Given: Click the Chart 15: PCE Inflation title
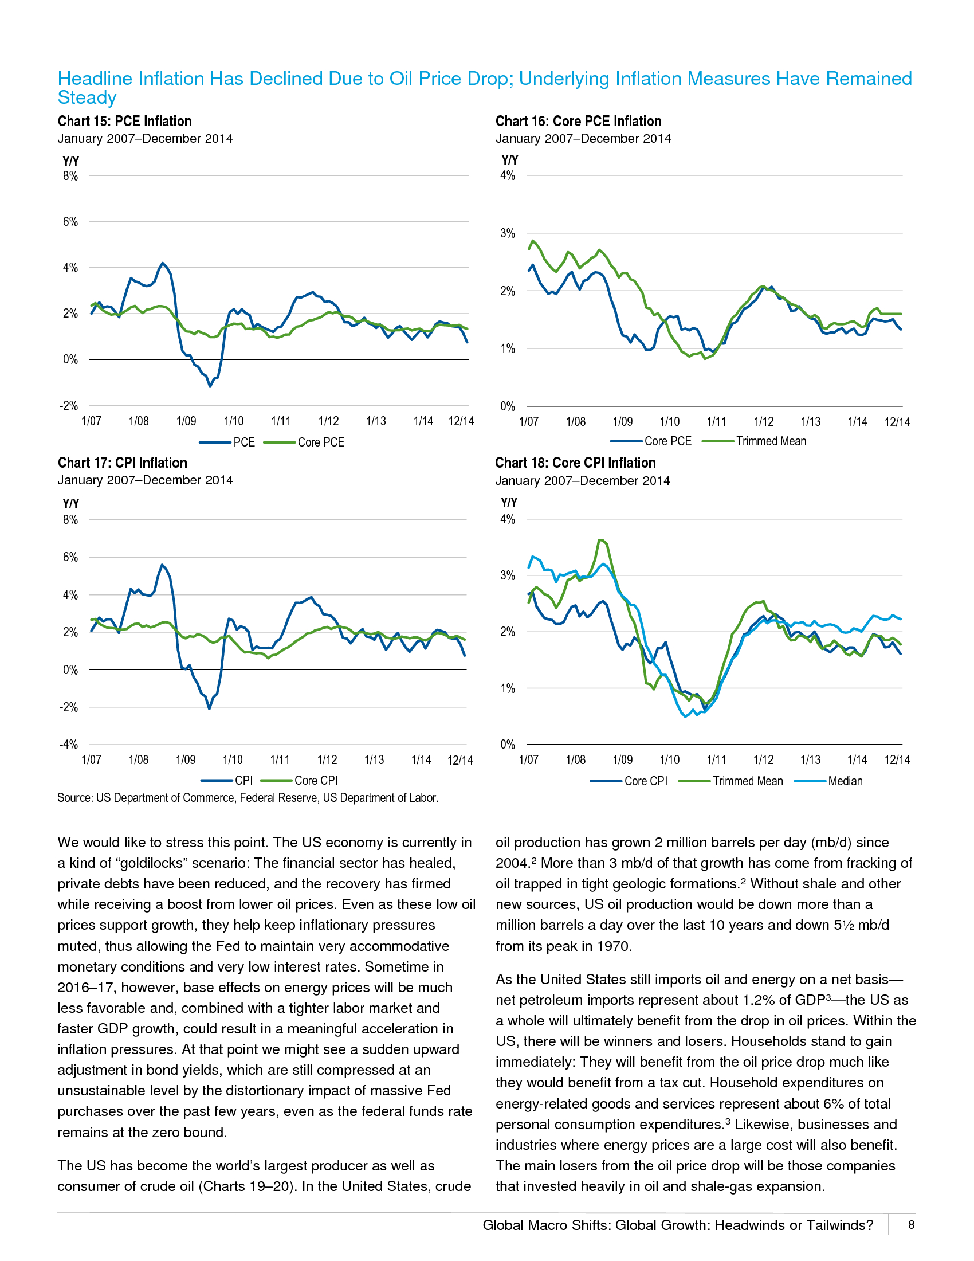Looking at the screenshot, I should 125,122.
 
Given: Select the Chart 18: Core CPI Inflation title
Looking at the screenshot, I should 575,463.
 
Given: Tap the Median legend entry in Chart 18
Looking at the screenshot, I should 845,781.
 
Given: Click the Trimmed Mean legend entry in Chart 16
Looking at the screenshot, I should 771,442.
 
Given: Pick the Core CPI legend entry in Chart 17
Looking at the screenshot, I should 316,781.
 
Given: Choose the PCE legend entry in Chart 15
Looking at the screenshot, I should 244,442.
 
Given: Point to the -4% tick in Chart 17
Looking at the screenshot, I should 69,745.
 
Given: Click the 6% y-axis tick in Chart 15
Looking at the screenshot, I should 70,222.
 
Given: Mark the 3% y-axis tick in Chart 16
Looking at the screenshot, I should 508,233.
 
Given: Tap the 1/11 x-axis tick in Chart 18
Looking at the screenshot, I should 717,760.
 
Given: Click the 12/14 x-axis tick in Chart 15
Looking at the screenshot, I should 461,421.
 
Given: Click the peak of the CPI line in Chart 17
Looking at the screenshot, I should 162,565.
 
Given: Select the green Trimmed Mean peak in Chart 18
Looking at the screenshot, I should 600,540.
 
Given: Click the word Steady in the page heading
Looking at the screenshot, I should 87,97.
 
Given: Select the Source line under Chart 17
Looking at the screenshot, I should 248,798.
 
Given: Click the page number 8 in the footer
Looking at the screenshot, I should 912,1225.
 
